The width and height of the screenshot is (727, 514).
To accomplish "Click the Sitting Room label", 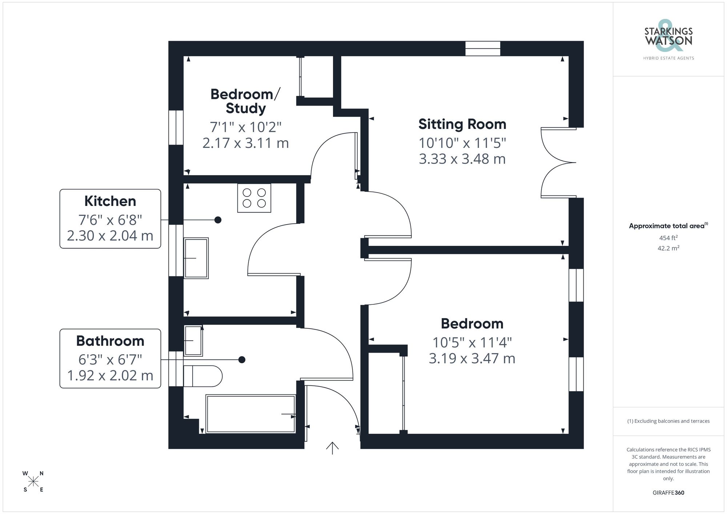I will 462,124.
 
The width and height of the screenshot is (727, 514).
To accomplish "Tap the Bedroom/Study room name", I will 245,101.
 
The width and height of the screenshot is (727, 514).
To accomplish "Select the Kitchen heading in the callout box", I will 110,201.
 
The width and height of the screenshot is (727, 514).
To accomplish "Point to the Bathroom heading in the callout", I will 110,341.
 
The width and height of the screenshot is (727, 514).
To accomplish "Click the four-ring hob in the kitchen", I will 254,198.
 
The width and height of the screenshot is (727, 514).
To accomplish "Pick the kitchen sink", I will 196,258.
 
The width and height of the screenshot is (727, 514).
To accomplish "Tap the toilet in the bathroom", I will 202,376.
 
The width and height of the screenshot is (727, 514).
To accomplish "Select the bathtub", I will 250,414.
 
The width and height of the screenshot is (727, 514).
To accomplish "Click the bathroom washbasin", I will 193,340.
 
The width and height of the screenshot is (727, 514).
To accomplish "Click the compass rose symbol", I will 33,482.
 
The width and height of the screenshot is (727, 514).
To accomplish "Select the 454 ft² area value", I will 668,238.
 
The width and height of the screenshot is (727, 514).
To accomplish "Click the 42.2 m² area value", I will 668,248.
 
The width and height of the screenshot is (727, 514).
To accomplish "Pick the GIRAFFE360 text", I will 668,493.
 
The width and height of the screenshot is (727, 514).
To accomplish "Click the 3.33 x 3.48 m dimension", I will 462,159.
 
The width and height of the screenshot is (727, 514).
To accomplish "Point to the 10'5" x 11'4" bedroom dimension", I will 472,343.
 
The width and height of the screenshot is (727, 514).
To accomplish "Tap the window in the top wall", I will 483,48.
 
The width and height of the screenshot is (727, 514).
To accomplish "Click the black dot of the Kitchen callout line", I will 218,220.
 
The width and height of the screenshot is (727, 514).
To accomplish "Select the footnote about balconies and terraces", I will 668,421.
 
